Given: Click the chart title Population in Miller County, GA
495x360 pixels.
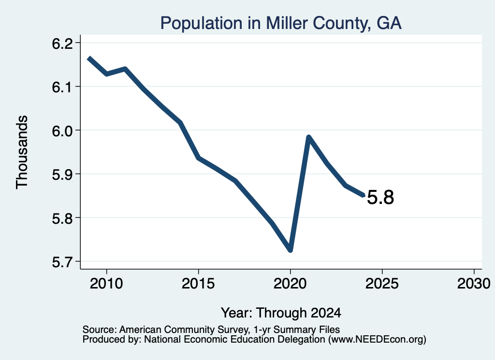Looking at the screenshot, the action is [x=281, y=23].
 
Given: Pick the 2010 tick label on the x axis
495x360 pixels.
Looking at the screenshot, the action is [x=106, y=283].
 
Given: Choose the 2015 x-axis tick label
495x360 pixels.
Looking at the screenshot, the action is [x=198, y=283].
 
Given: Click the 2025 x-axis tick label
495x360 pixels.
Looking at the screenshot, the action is [x=382, y=283].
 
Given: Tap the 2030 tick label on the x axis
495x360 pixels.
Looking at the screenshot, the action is [x=474, y=283].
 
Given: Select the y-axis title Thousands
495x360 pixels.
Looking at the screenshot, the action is [x=22, y=152].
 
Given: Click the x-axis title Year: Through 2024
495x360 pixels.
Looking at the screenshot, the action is [x=281, y=313].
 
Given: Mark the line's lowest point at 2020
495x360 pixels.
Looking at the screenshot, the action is [x=291, y=250].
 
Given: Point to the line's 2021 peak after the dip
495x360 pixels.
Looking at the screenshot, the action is [x=309, y=137].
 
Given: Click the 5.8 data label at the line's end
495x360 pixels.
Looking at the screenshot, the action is [x=380, y=198].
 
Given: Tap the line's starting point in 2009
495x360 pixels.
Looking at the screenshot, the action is [x=89, y=58].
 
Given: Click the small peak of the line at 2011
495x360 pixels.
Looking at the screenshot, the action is [x=125, y=69].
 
